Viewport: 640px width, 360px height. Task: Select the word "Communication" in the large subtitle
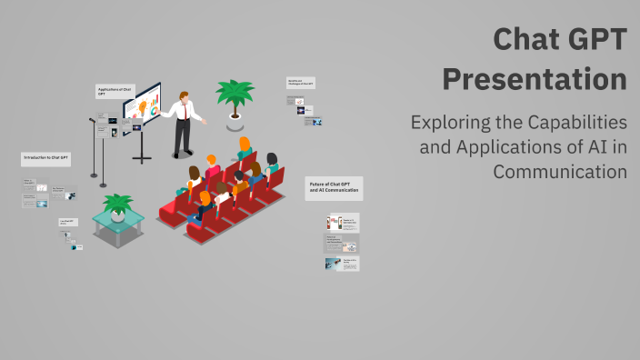pos(560,170)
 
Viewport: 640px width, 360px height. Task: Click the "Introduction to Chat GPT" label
pos(45,158)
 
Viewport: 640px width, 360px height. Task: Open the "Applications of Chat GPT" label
pos(114,91)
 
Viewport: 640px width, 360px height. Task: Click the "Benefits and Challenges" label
pos(300,83)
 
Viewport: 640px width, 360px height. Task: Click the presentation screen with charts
pos(142,107)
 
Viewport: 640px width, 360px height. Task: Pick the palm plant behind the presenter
pos(235,94)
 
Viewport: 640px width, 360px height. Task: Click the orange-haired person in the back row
pos(244,145)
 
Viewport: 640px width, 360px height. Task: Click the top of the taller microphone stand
pos(92,119)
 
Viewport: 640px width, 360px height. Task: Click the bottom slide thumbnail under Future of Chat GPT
pos(342,264)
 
